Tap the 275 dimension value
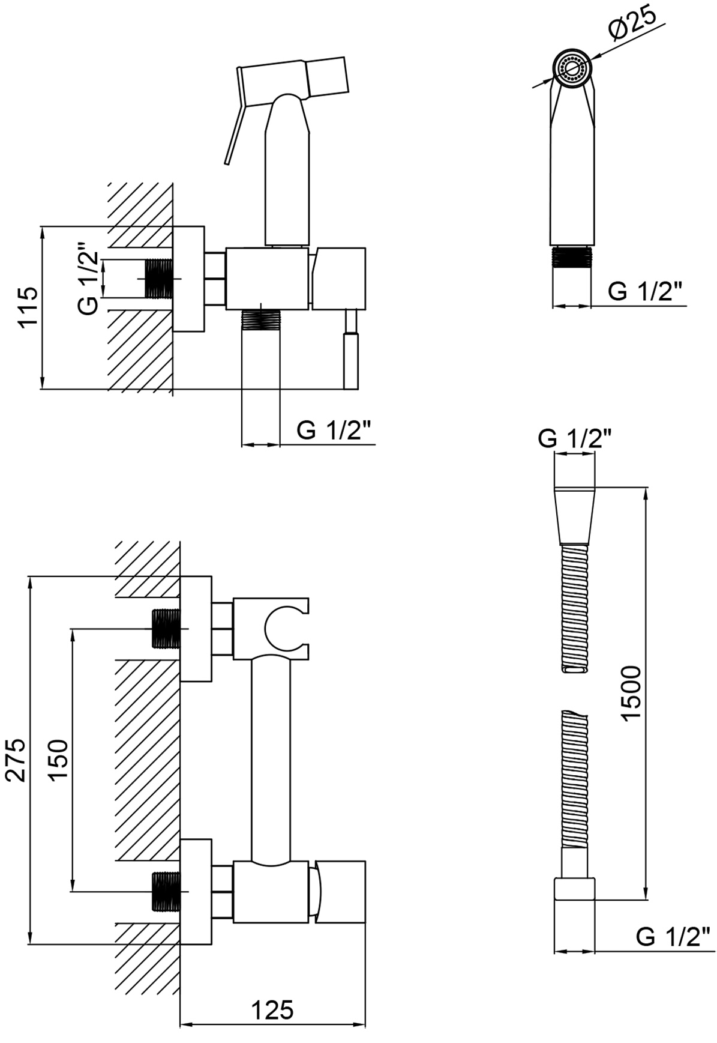(x=16, y=760)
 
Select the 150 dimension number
(x=58, y=760)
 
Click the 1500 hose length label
(x=631, y=693)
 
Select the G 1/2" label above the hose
(x=574, y=439)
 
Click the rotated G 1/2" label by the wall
(x=88, y=279)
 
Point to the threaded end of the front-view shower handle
(x=572, y=256)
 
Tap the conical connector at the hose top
(x=575, y=515)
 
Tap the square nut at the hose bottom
(x=574, y=889)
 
